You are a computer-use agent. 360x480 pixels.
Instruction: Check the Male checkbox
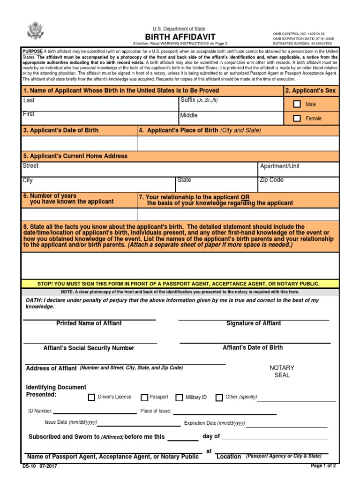point(297,105)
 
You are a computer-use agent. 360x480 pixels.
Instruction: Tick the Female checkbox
point(297,118)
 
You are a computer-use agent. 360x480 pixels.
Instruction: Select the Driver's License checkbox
point(91,397)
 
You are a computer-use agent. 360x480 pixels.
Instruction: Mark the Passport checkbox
point(144,397)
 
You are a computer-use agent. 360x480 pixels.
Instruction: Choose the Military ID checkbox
point(179,397)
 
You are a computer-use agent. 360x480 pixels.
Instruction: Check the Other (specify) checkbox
point(219,397)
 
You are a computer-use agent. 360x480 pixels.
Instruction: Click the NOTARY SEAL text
point(282,371)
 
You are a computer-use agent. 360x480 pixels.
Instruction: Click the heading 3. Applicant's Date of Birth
point(61,130)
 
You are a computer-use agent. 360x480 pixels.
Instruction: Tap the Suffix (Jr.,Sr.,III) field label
point(199,100)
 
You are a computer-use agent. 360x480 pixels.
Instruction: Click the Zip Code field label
point(271,180)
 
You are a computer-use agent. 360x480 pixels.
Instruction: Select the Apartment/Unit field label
point(280,166)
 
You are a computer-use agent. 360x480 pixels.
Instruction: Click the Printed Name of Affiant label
point(89,323)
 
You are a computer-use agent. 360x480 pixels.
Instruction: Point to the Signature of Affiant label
point(254,323)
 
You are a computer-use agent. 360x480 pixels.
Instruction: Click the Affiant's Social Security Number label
point(89,348)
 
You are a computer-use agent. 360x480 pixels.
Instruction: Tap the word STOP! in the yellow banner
point(45,284)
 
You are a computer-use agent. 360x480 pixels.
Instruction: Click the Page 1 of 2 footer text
point(323,466)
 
